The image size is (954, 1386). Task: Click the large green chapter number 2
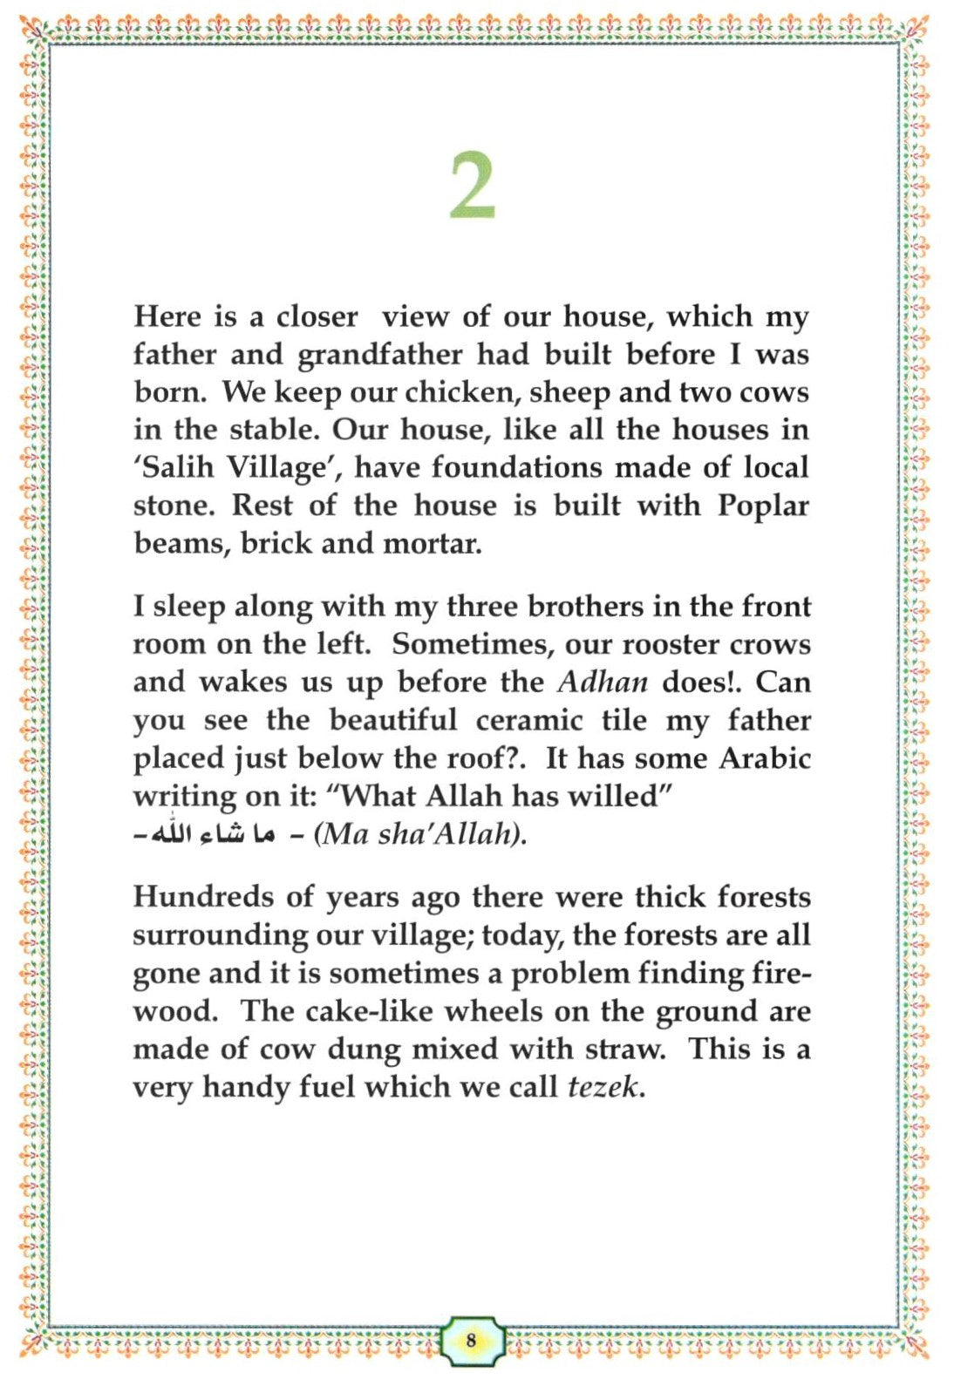(x=473, y=186)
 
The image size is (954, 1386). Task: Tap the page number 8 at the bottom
(x=472, y=1340)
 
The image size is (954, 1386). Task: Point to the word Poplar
(x=763, y=506)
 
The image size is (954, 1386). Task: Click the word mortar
(x=433, y=544)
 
